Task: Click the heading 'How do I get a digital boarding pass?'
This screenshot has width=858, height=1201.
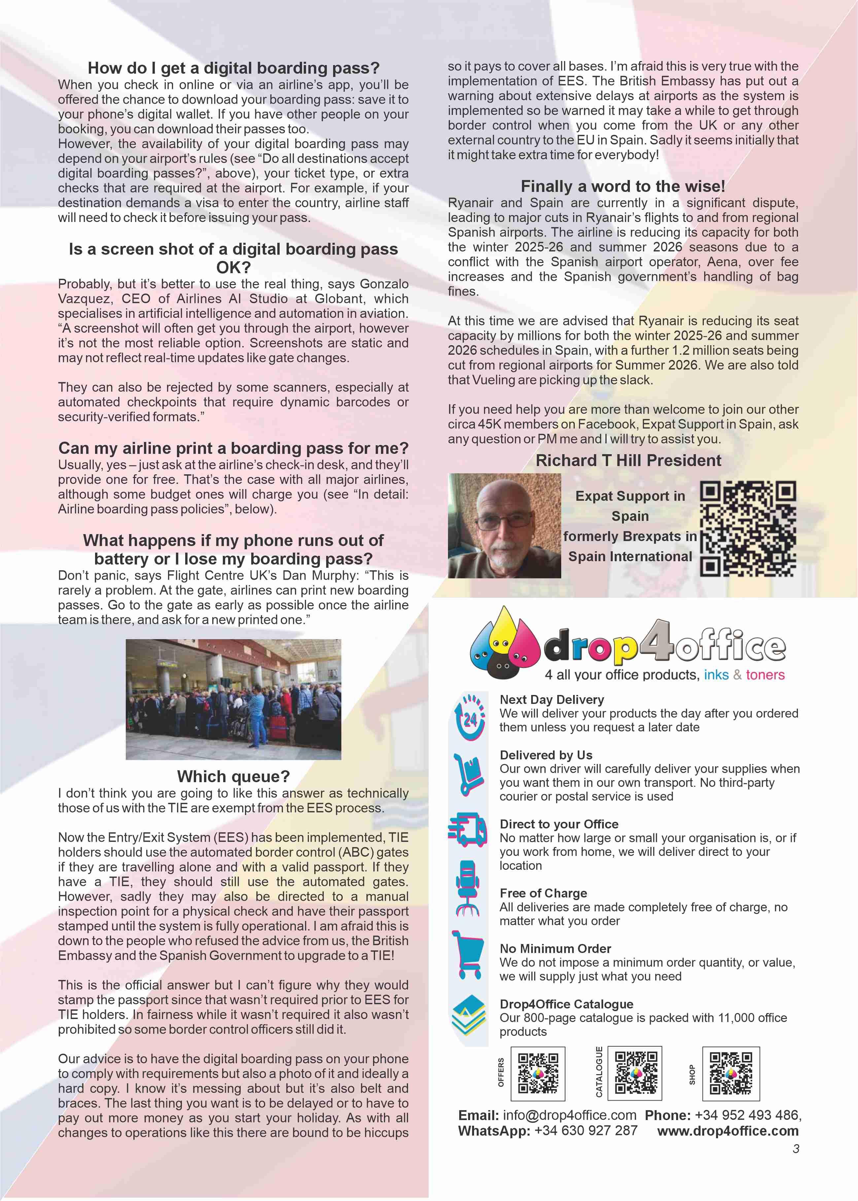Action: (233, 68)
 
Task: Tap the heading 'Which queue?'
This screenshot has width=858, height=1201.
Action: (233, 777)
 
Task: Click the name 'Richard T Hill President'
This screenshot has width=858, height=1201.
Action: (628, 460)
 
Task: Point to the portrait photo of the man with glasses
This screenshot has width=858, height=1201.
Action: (504, 526)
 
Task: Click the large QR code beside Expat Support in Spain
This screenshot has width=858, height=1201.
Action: (748, 528)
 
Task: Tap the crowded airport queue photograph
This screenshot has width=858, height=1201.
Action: (233, 699)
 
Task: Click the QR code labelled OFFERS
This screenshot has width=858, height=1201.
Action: (538, 1074)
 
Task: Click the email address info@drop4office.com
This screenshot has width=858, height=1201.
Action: (569, 1115)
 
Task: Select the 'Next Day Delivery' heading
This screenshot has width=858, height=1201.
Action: (552, 699)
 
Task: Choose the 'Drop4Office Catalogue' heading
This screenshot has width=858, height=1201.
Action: (566, 1004)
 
